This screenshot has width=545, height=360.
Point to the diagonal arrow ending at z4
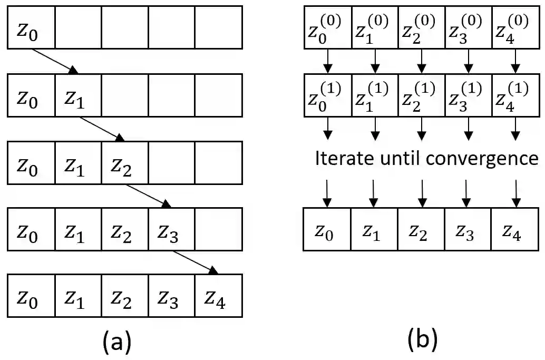coord(196,262)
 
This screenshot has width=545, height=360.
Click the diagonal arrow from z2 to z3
coord(148,195)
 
